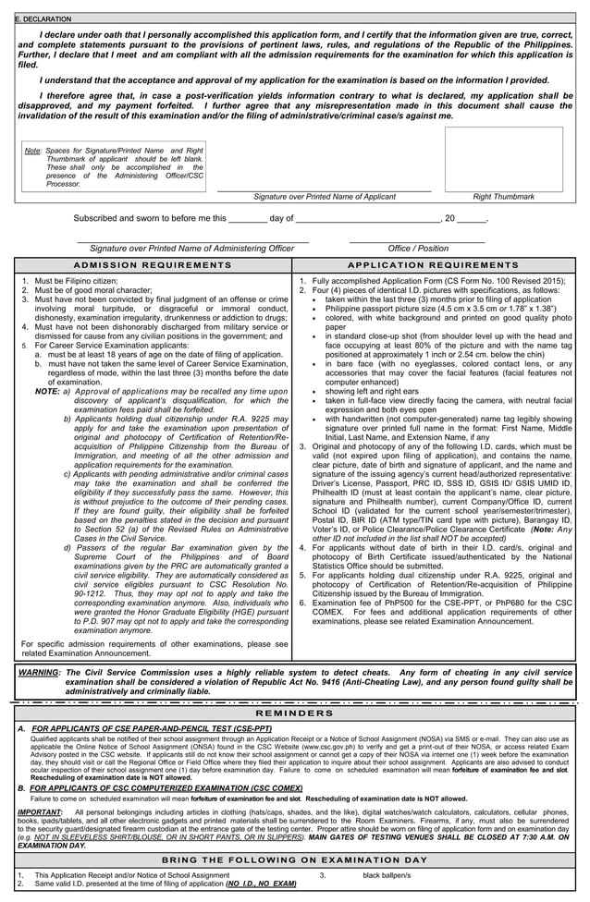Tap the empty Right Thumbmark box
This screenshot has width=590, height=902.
pos(503,159)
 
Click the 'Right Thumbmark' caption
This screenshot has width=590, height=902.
pos(503,197)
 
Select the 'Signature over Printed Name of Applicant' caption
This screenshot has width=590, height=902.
pos(325,197)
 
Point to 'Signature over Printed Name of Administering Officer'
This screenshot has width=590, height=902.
pos(191,248)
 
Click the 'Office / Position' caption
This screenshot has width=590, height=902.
pos(418,248)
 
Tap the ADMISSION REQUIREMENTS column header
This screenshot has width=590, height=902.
pos(152,265)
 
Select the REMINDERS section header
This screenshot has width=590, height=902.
pos(294,713)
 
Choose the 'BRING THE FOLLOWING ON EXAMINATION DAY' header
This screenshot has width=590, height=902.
pos(294,859)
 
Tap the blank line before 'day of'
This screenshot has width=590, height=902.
pos(247,219)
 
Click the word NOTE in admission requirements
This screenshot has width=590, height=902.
pos(47,391)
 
